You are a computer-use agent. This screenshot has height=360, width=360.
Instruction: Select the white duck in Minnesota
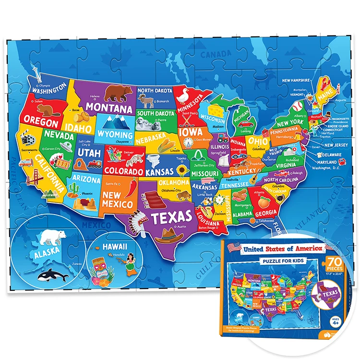pyautogui.click(x=182, y=98)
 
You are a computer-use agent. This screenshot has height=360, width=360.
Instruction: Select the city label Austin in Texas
pyautogui.click(x=181, y=226)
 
